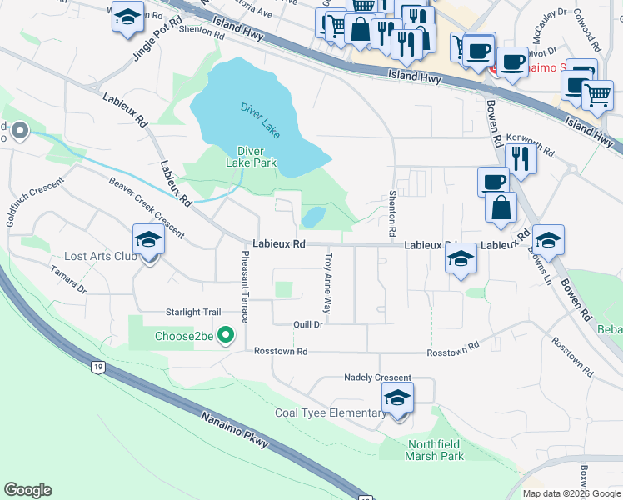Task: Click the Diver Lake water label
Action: point(261,119)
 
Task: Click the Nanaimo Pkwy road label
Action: point(233,427)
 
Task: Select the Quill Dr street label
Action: point(307,324)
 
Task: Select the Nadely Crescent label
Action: point(377,377)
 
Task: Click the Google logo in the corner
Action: point(27,490)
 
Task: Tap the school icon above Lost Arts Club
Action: point(149,240)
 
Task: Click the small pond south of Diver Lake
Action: point(313,217)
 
